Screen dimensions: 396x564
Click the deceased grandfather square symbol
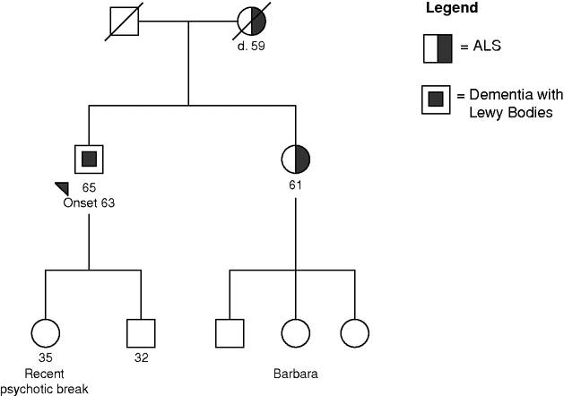[x=123, y=22]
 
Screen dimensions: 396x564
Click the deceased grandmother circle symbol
[x=250, y=22]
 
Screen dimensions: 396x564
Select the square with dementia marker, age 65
[x=89, y=159]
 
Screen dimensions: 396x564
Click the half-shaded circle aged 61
[x=296, y=159]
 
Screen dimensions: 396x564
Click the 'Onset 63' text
[x=90, y=202]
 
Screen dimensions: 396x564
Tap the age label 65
[x=89, y=187]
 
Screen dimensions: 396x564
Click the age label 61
[x=296, y=185]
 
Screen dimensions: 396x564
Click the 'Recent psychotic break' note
[x=46, y=380]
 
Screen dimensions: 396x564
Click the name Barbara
[x=296, y=371]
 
